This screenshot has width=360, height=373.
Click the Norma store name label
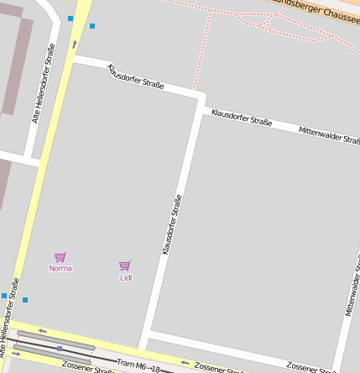click(x=60, y=269)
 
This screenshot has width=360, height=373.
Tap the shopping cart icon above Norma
click(x=60, y=257)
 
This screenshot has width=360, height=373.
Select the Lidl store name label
click(x=126, y=277)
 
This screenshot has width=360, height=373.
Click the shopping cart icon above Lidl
click(x=125, y=265)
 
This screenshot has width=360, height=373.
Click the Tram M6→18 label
click(x=138, y=365)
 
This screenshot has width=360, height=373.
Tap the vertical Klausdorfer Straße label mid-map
click(x=172, y=224)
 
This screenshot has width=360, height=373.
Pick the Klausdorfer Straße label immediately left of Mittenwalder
click(x=242, y=117)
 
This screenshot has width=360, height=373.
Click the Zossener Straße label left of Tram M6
click(x=88, y=367)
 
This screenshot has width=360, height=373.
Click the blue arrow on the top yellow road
click(x=74, y=44)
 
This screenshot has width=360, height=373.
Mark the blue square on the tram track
click(x=59, y=347)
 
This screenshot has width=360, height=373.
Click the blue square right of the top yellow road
click(x=92, y=26)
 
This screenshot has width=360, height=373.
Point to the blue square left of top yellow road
click(x=70, y=18)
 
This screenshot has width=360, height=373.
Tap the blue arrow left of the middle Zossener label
click(x=185, y=363)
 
